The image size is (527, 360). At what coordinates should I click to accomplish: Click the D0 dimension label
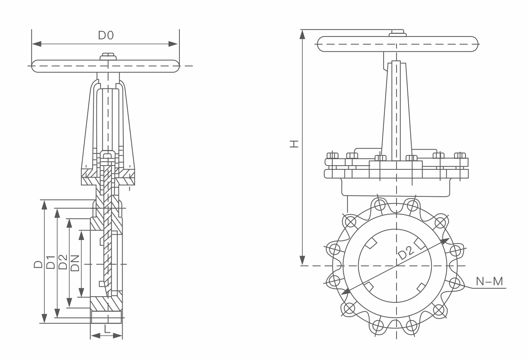click(106, 35)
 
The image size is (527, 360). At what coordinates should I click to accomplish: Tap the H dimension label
click(294, 144)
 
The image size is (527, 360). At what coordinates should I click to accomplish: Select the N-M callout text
click(489, 281)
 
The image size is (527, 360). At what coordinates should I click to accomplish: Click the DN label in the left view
click(75, 263)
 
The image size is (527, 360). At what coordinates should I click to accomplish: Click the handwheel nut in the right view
click(397, 33)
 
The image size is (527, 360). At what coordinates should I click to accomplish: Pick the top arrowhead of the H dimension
click(302, 34)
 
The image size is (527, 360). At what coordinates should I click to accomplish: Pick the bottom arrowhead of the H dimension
click(302, 261)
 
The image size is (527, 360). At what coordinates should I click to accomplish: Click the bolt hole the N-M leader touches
click(455, 283)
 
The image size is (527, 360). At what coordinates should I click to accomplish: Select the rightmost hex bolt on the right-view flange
click(460, 156)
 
